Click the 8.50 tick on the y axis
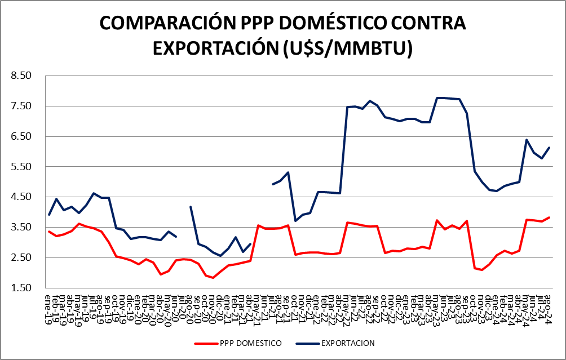pyautogui.click(x=23, y=75)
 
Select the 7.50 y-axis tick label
pyautogui.click(x=23, y=106)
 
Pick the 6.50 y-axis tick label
pyautogui.click(x=23, y=136)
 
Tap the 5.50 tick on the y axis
pyautogui.click(x=23, y=167)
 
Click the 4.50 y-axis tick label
pyautogui.click(x=23, y=197)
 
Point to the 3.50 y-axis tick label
pyautogui.click(x=23, y=227)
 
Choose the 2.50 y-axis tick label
pyautogui.click(x=23, y=257)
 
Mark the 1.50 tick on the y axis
pyautogui.click(x=23, y=288)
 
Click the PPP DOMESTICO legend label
pyautogui.click(x=253, y=343)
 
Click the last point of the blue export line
pyautogui.click(x=549, y=148)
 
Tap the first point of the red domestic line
pyautogui.click(x=49, y=232)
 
